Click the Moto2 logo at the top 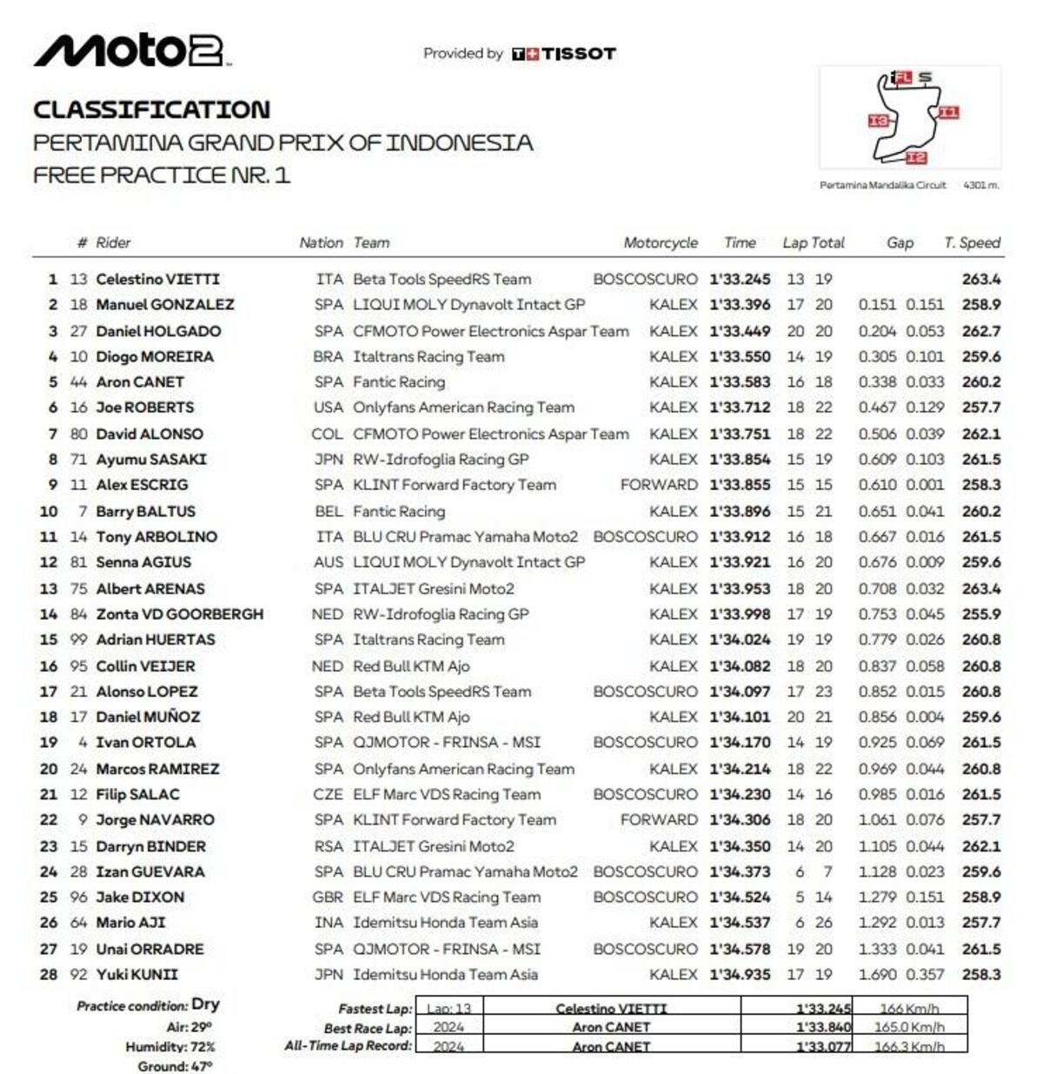pos(130,51)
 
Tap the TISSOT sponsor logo pos(564,54)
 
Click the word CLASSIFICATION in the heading pos(152,109)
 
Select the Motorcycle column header pos(660,243)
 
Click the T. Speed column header pos(972,243)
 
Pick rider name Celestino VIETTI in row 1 pos(157,279)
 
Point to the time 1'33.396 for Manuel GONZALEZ pos(740,305)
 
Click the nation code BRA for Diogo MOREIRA pos(328,356)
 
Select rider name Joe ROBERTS pos(145,408)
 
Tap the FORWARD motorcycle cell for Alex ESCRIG pos(658,485)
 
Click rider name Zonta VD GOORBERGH pos(179,614)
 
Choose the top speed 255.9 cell pos(981,614)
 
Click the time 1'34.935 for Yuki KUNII pos(740,975)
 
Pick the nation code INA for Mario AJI pos(329,923)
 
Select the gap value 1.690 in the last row pos(877,975)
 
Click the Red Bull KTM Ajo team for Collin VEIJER pos(411,666)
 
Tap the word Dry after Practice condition pos(205,1004)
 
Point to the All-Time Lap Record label pos(348,1046)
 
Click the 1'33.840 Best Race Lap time pos(823,1028)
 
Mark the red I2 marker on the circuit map pos(916,158)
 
